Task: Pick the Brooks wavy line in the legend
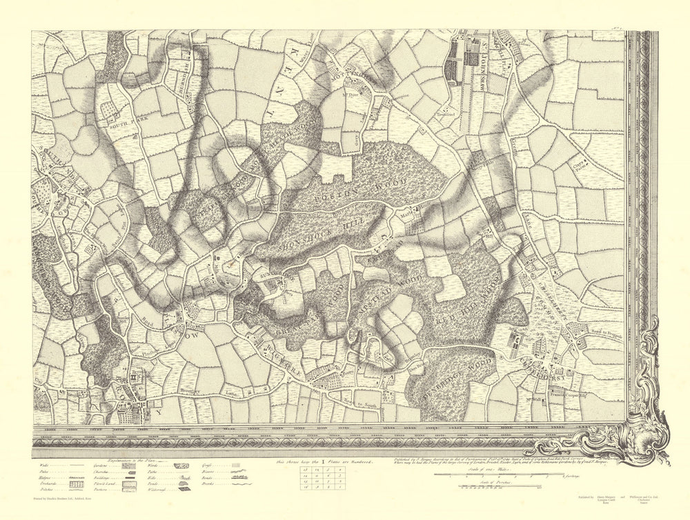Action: click(239, 486)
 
